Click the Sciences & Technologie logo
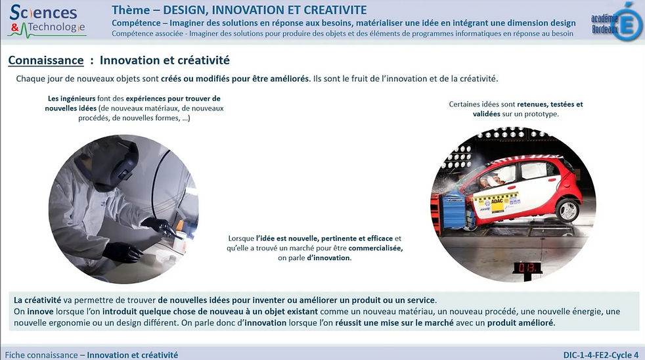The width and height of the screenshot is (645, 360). point(47,20)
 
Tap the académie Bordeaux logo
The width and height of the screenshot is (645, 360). point(616,22)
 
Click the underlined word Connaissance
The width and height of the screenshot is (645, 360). point(46,60)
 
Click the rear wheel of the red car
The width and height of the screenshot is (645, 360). point(567,210)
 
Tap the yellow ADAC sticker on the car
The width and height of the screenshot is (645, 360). point(497,202)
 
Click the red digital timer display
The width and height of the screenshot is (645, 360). point(527,268)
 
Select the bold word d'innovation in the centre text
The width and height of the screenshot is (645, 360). point(328,258)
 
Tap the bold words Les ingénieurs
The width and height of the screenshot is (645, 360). point(72,99)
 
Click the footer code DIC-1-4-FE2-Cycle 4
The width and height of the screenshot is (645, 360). point(601,355)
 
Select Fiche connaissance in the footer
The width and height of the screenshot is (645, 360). point(41,355)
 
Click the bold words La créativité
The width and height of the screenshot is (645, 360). point(37,300)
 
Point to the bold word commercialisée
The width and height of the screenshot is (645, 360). point(375,248)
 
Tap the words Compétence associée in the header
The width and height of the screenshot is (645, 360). point(147,34)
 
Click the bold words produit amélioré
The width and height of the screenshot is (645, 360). point(520,323)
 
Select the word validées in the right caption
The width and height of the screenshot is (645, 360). point(486,114)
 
